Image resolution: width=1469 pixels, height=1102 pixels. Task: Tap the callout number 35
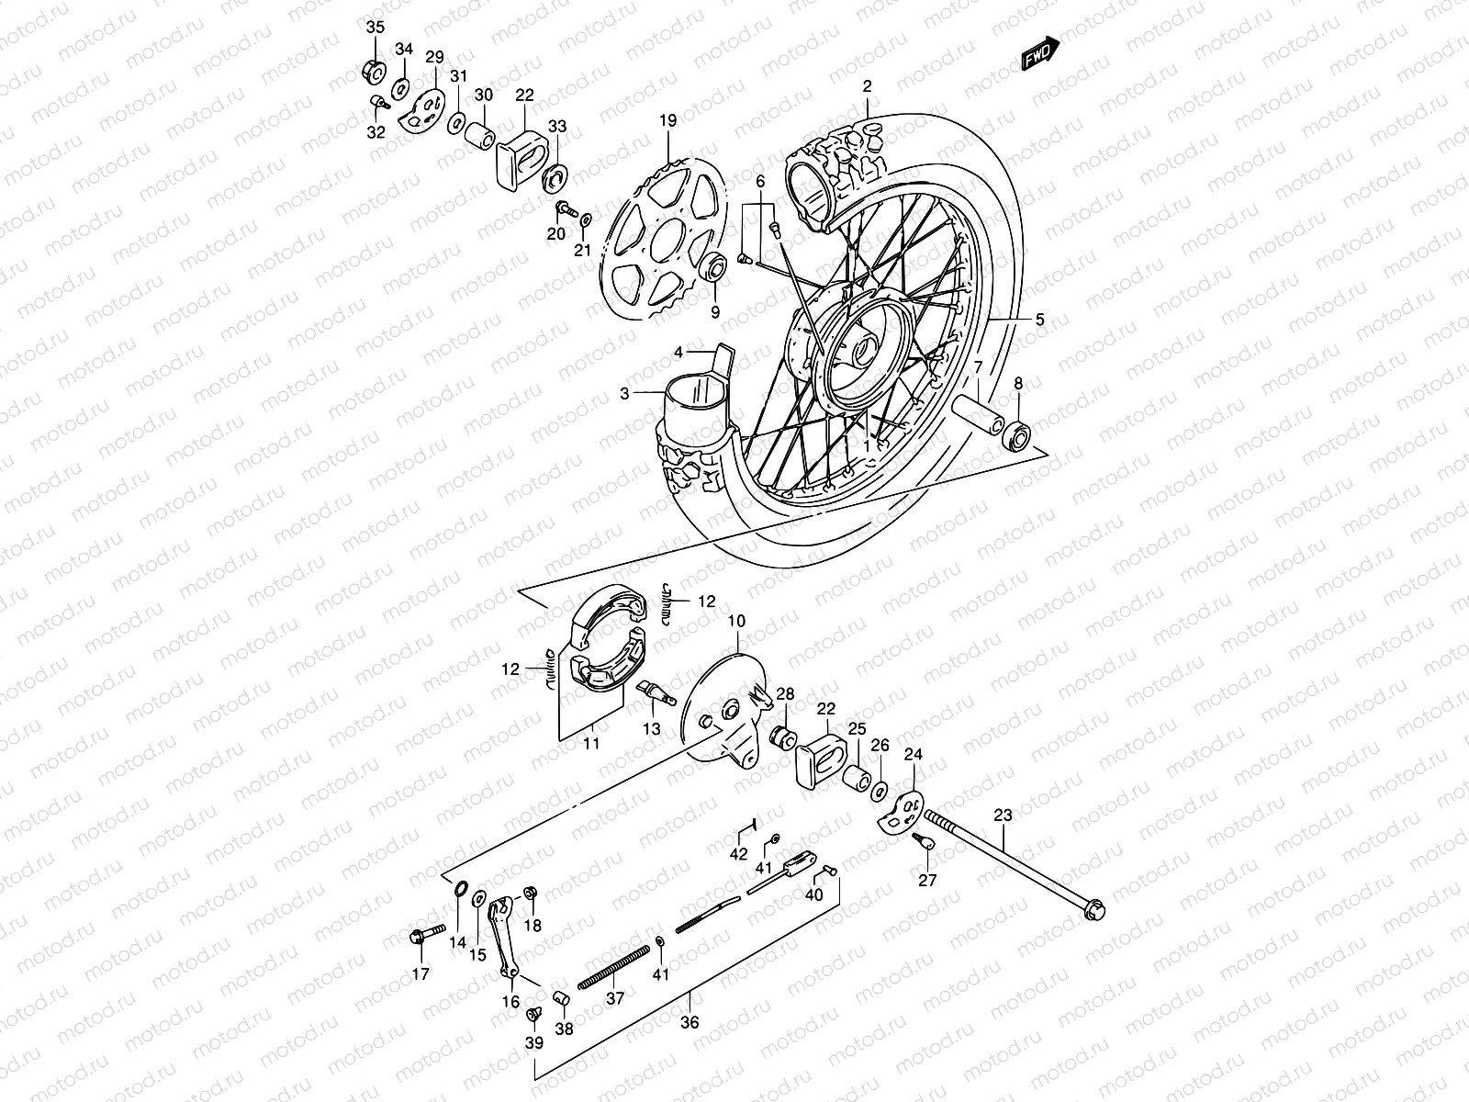point(376,28)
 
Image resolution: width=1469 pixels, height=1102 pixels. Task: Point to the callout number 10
point(737,621)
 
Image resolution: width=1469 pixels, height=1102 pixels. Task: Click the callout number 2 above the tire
point(866,86)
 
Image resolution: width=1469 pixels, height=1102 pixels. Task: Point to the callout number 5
point(1039,320)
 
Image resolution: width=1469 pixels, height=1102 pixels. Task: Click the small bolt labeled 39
point(532,1015)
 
